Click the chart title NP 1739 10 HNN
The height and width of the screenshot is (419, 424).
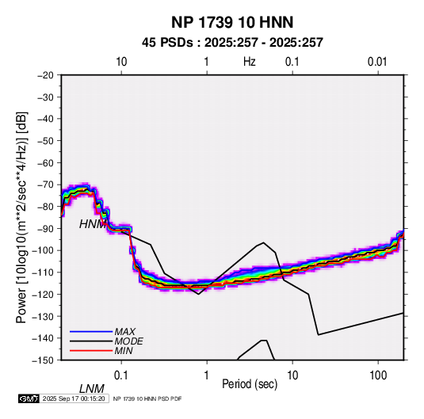click(232, 22)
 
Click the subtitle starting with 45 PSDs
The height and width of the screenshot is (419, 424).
click(232, 43)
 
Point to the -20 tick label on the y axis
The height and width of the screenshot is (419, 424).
click(45, 75)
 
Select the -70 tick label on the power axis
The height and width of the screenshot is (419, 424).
click(45, 185)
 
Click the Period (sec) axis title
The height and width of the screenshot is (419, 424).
click(250, 384)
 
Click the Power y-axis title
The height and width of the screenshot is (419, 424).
click(21, 218)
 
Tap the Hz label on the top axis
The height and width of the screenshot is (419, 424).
click(250, 62)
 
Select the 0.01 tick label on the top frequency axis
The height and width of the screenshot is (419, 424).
click(377, 62)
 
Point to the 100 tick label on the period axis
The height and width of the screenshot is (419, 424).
click(377, 375)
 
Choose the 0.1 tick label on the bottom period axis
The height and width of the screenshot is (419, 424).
click(121, 375)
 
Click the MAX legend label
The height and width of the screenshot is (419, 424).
click(125, 332)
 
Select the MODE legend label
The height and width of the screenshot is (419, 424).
click(128, 341)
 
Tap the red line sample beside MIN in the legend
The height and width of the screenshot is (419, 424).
click(91, 351)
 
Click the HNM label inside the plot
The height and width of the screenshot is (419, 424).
click(92, 224)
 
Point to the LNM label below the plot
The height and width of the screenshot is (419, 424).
click(92, 389)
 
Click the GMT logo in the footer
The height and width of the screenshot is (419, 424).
click(29, 398)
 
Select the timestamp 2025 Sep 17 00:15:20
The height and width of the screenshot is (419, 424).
click(74, 398)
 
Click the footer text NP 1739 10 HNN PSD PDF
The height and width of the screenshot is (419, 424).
click(147, 398)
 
